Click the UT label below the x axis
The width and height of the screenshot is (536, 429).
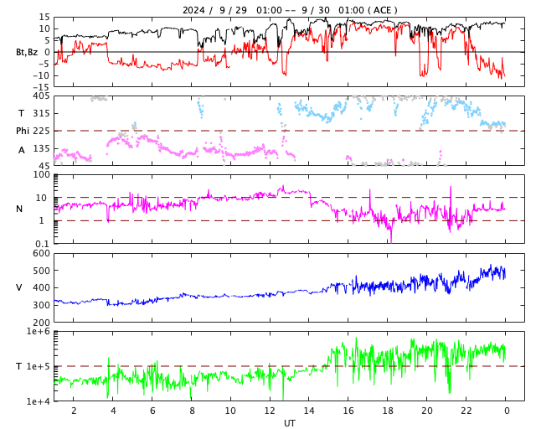289,423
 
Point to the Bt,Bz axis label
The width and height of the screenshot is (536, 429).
26,52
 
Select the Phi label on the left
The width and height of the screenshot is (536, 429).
24,131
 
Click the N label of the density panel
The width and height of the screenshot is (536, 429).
19,209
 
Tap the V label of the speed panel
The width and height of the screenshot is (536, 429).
19,287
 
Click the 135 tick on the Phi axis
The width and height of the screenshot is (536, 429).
40,148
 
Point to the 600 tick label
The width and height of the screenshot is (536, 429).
40,254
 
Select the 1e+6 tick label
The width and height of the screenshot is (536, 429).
38,332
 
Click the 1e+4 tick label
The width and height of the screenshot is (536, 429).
38,401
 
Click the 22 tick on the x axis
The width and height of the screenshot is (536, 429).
466,411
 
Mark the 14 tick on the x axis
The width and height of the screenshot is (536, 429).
309,411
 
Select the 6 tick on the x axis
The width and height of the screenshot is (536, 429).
152,411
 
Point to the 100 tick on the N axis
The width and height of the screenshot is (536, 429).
40,175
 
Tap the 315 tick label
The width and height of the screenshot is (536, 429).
40,113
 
